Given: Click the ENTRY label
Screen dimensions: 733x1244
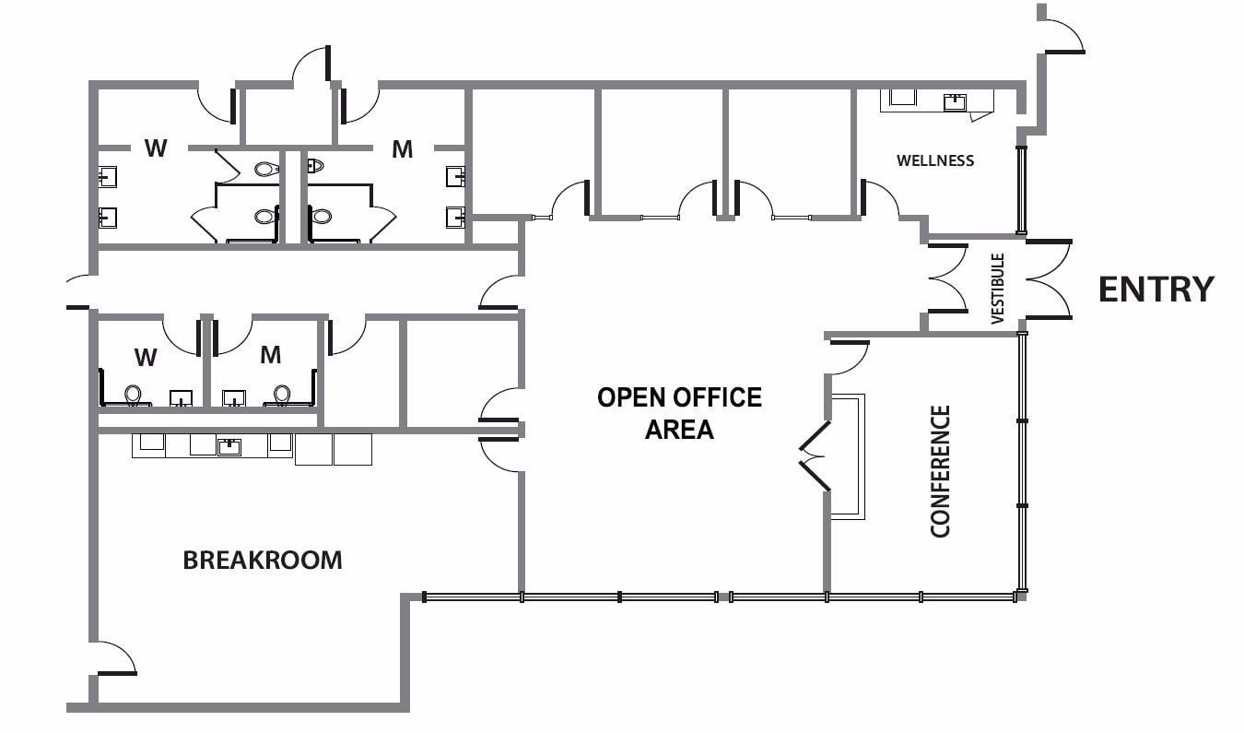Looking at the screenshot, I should tap(1156, 290).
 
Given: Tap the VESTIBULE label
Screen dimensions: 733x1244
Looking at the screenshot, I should tap(997, 289).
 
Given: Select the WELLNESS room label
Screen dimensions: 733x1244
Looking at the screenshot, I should tap(935, 160).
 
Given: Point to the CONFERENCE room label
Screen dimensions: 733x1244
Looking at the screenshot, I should tap(940, 470).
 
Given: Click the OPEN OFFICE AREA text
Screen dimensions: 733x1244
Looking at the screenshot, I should tap(679, 412).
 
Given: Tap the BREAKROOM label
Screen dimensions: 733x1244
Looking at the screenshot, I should tap(263, 560).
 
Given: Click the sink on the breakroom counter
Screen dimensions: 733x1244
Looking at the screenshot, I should tap(229, 447).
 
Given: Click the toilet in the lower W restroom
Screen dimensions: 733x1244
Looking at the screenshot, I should tap(135, 395).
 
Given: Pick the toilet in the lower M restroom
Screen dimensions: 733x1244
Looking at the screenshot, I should tap(281, 395).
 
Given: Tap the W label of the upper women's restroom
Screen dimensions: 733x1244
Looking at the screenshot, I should tap(156, 148).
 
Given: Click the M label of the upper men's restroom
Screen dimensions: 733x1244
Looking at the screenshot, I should tap(402, 149).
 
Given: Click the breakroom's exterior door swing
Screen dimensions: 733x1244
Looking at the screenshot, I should tap(116, 657).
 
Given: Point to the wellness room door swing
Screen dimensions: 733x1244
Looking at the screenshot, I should tap(879, 198).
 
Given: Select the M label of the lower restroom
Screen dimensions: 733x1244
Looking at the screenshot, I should tap(270, 354).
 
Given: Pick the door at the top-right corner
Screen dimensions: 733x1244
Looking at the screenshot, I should tap(1062, 32).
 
